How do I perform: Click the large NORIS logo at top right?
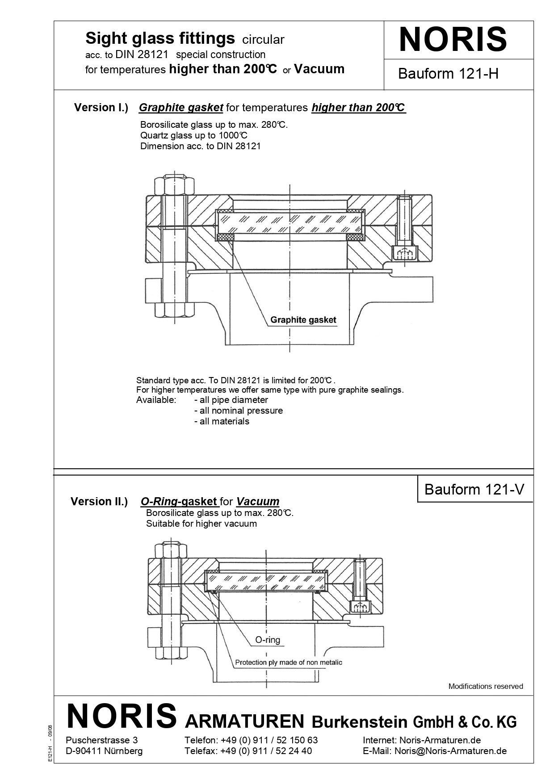click(x=453, y=40)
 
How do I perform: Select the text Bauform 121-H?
click(x=448, y=74)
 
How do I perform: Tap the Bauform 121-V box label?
click(x=474, y=490)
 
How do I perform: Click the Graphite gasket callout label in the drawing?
click(x=303, y=320)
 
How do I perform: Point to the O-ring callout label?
click(x=268, y=640)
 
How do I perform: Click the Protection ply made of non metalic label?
click(x=289, y=662)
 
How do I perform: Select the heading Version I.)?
click(x=101, y=108)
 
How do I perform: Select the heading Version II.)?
click(x=99, y=502)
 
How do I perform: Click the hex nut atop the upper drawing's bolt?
click(x=174, y=184)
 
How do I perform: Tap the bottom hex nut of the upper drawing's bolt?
click(x=174, y=310)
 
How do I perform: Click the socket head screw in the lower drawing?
click(x=360, y=606)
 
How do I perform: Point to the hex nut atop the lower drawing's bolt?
click(x=170, y=550)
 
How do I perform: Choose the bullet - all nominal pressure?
click(x=238, y=411)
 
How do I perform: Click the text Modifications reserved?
click(x=485, y=687)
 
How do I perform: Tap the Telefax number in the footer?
click(x=248, y=751)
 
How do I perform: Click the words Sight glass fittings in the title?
click(x=160, y=39)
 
